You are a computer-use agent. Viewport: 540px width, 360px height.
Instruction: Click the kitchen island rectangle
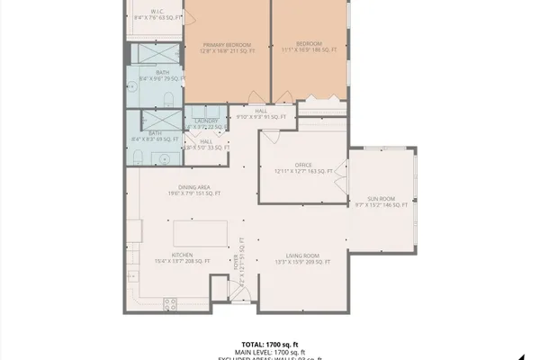tap(199, 232)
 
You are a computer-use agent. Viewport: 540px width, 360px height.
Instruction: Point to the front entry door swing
tap(238, 292)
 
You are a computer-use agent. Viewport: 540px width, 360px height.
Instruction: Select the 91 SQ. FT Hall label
tap(260, 113)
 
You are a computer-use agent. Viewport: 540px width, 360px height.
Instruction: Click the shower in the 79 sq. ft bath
tap(157, 53)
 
